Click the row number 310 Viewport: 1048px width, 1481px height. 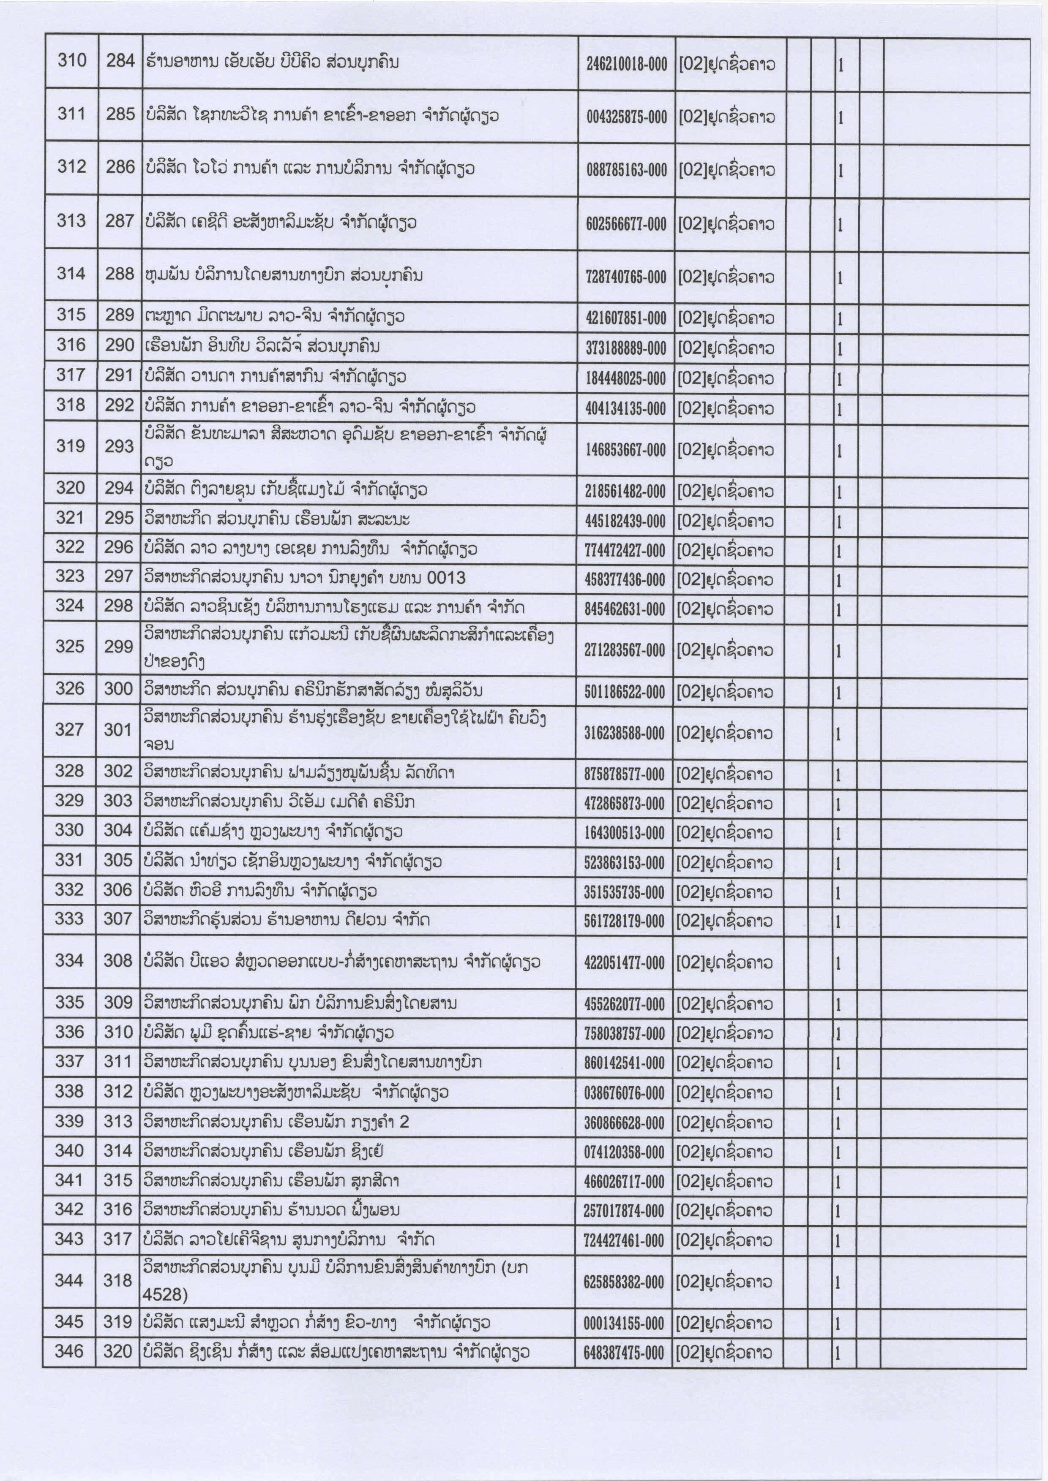(x=72, y=61)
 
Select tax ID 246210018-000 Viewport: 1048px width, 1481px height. (x=626, y=64)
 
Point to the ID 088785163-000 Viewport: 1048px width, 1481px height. (x=626, y=170)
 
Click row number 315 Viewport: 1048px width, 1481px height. (x=71, y=315)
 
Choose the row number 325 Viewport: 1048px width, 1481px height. (x=70, y=646)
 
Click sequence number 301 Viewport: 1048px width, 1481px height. (x=118, y=730)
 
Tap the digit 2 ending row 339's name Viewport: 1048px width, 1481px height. (x=404, y=1122)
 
